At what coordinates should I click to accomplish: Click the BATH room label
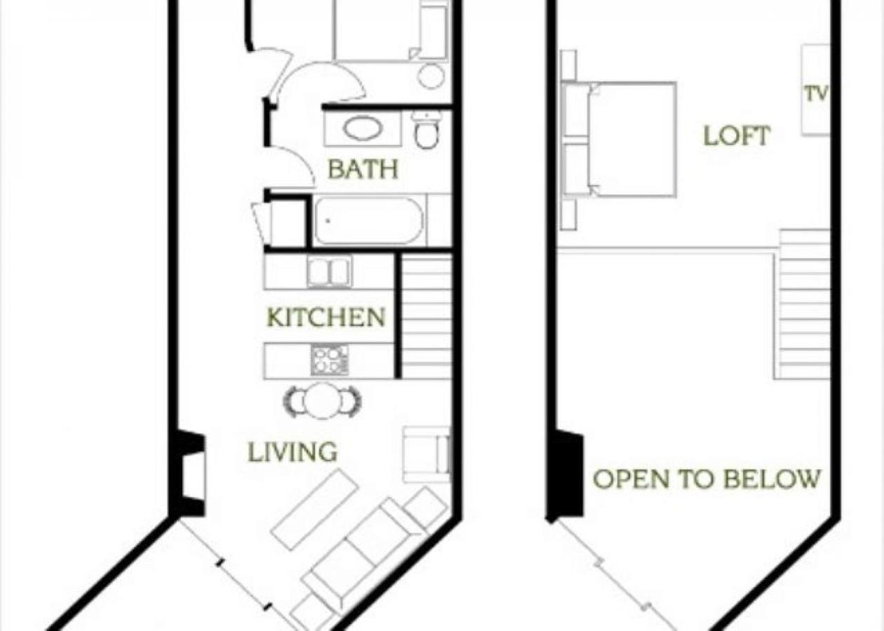click(363, 169)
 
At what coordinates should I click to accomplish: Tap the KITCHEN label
click(326, 318)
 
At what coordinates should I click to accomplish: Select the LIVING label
click(292, 452)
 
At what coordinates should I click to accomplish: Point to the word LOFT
click(736, 135)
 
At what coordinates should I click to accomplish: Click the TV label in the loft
click(816, 94)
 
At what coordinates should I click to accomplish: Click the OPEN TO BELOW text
click(707, 480)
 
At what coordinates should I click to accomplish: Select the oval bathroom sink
click(363, 129)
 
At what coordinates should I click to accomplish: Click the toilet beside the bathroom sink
click(426, 130)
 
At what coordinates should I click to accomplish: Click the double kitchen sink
click(329, 271)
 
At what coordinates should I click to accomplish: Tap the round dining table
click(322, 401)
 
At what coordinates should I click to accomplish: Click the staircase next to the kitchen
click(426, 317)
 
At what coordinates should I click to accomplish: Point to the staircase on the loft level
click(803, 305)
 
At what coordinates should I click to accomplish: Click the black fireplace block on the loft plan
click(569, 475)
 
